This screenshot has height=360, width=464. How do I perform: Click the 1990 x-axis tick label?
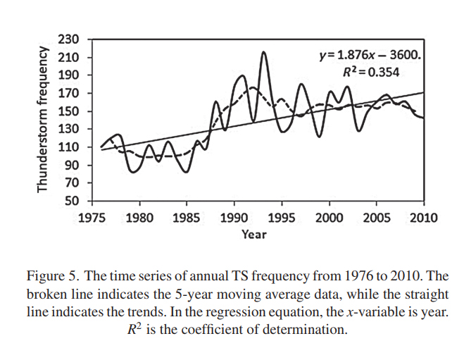tap(233, 218)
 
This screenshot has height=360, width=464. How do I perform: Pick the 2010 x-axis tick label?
tap(423, 218)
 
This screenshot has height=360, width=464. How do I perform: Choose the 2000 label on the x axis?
tap(329, 218)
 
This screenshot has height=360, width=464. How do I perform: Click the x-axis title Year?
tap(254, 234)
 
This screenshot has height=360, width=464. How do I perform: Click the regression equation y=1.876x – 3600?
tap(370, 55)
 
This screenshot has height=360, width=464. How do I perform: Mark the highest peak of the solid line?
tap(263, 52)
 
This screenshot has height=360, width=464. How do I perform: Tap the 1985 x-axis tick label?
tap(186, 218)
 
